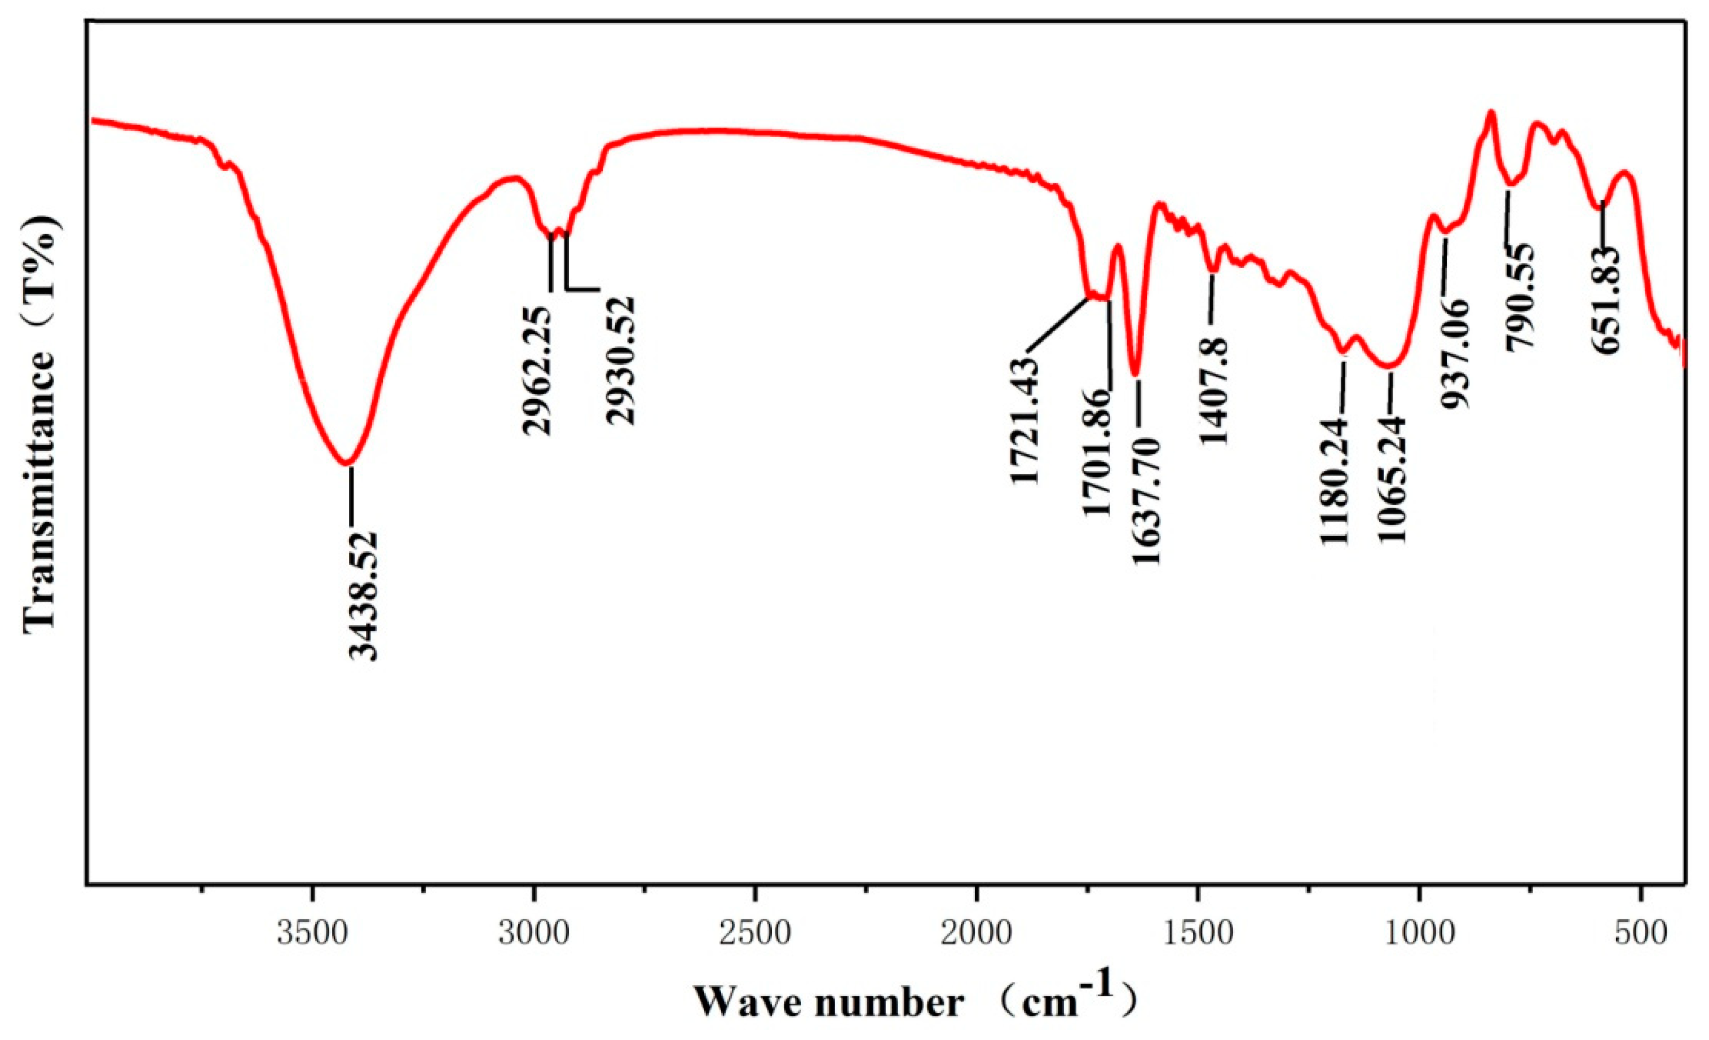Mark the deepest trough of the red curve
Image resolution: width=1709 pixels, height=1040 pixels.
click(x=346, y=463)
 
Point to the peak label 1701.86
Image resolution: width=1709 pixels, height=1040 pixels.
click(x=1098, y=452)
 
